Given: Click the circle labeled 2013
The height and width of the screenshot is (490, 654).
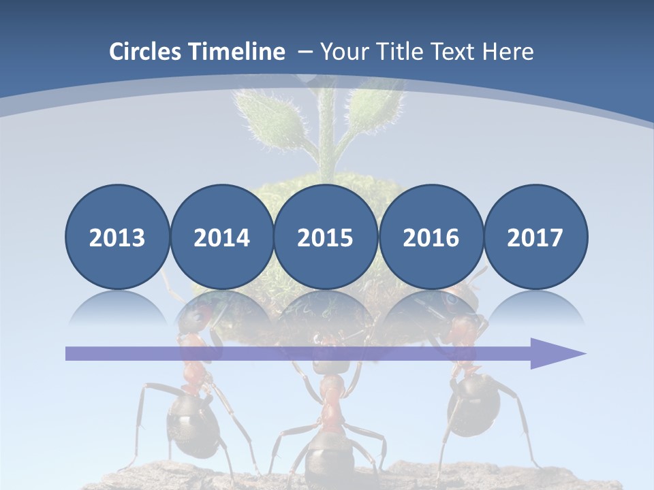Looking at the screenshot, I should (x=117, y=237).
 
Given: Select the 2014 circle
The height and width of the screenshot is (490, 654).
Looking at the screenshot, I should (x=221, y=237).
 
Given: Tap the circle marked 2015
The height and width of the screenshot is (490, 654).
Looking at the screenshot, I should (x=325, y=237).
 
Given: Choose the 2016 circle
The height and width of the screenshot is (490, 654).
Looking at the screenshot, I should (x=431, y=237).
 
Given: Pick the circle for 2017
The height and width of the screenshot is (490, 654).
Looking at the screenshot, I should (x=535, y=237).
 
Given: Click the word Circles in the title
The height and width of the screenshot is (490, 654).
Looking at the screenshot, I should (x=146, y=52).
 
